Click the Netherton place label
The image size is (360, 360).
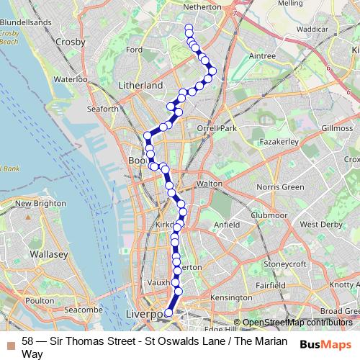pyautogui.click(x=181, y=6)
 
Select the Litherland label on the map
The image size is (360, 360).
pyautogui.click(x=140, y=85)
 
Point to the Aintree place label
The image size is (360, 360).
pyautogui.click(x=261, y=55)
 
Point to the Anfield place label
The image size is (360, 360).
pyautogui.click(x=227, y=224)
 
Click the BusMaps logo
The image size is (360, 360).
pyautogui.click(x=326, y=344)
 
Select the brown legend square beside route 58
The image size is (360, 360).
pyautogui.click(x=10, y=341)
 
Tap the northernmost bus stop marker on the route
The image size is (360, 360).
pyautogui.click(x=189, y=28)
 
